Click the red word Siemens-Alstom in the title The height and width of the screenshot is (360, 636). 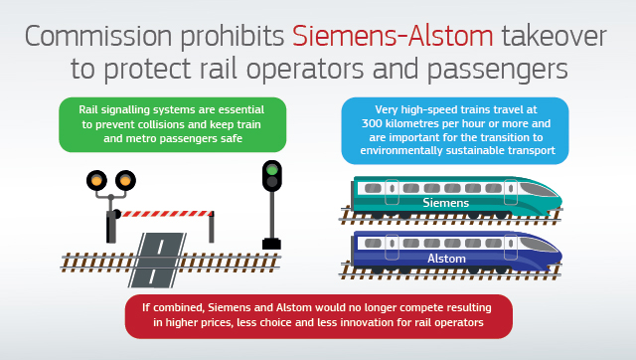pyautogui.click(x=393, y=37)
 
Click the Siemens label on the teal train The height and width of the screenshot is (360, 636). pyautogui.click(x=446, y=203)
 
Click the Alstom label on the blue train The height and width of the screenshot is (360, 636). pyautogui.click(x=446, y=259)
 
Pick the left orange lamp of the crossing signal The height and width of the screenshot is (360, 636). pyautogui.click(x=97, y=180)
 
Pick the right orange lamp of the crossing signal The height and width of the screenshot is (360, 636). pyautogui.click(x=125, y=180)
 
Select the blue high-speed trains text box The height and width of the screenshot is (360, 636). pyautogui.click(x=456, y=130)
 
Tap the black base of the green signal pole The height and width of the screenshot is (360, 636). pyautogui.click(x=270, y=242)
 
